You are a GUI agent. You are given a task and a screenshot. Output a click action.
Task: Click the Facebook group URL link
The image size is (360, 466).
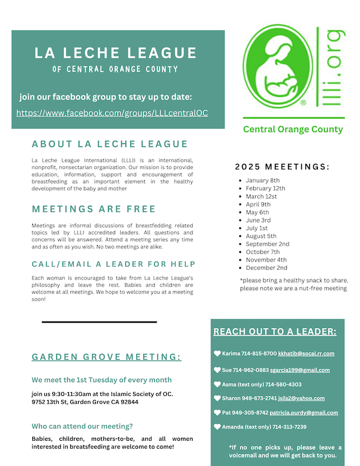pos(112,113)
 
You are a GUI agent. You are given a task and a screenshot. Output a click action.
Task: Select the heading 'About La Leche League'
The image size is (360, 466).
pos(110,145)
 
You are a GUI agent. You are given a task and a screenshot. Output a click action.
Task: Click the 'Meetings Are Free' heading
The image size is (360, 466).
pos(94,209)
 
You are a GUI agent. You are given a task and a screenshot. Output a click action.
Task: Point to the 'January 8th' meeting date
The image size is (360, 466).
pos(263,180)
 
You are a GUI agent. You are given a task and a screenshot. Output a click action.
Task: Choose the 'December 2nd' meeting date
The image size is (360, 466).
pos(267,268)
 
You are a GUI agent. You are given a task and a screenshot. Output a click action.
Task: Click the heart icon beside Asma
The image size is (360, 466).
pos(217,384)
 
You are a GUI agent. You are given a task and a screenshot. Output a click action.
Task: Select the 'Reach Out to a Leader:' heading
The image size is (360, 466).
pos(275,332)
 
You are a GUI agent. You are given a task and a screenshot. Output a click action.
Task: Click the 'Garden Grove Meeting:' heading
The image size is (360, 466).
pos(107,357)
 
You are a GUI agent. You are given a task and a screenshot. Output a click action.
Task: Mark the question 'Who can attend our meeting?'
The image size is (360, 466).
pos(82,426)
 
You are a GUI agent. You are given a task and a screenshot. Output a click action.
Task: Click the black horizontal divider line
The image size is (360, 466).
pos(99,322)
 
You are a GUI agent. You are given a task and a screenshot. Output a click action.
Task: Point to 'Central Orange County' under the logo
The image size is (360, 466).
pos(293,129)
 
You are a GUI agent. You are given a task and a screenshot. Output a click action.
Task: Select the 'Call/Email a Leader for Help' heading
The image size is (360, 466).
pos(113,264)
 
